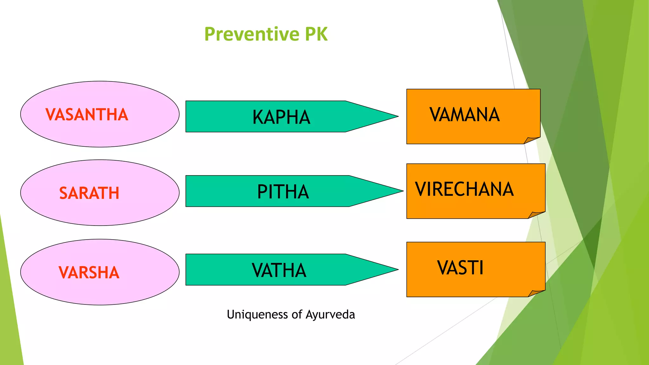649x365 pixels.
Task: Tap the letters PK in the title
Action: point(316,34)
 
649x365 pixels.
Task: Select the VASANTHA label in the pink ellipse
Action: point(87,115)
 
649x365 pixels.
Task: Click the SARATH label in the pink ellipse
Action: point(89,193)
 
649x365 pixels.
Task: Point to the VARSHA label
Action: point(89,272)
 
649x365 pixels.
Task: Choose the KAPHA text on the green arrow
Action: point(281,117)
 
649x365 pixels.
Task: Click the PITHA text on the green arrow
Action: point(283,192)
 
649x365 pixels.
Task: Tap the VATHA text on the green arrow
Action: point(279,270)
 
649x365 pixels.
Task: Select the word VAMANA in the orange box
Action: point(465,115)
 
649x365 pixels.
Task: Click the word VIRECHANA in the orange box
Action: point(464,189)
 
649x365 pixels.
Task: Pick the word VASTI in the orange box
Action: point(460,268)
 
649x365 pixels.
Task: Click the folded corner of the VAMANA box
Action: point(531,140)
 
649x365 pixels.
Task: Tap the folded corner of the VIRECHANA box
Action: point(536,215)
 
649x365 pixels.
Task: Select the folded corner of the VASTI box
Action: point(536,293)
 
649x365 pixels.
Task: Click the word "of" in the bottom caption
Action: point(297,315)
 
